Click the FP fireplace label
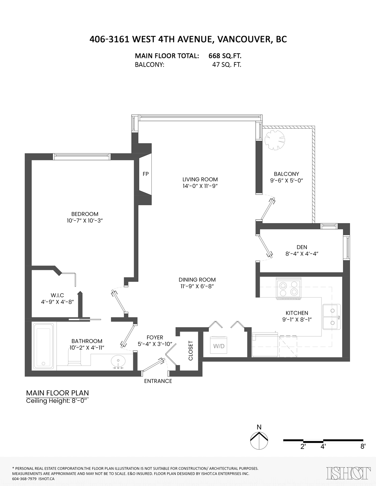(x=146, y=174)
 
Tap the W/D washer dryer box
(x=219, y=346)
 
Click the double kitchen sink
(x=332, y=317)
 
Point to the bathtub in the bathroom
(x=44, y=346)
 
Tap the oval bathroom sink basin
(x=118, y=361)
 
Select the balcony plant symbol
(x=275, y=140)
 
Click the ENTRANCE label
(x=158, y=381)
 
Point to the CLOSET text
(x=191, y=351)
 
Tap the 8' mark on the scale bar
(x=363, y=447)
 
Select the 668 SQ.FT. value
(x=225, y=56)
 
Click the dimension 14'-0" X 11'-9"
(x=200, y=186)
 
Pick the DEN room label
(x=302, y=247)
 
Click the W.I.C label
(x=57, y=295)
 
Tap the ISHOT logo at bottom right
(x=348, y=473)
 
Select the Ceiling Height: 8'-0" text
(x=57, y=401)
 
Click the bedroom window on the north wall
(x=81, y=156)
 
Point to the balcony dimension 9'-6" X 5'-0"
(x=287, y=181)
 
